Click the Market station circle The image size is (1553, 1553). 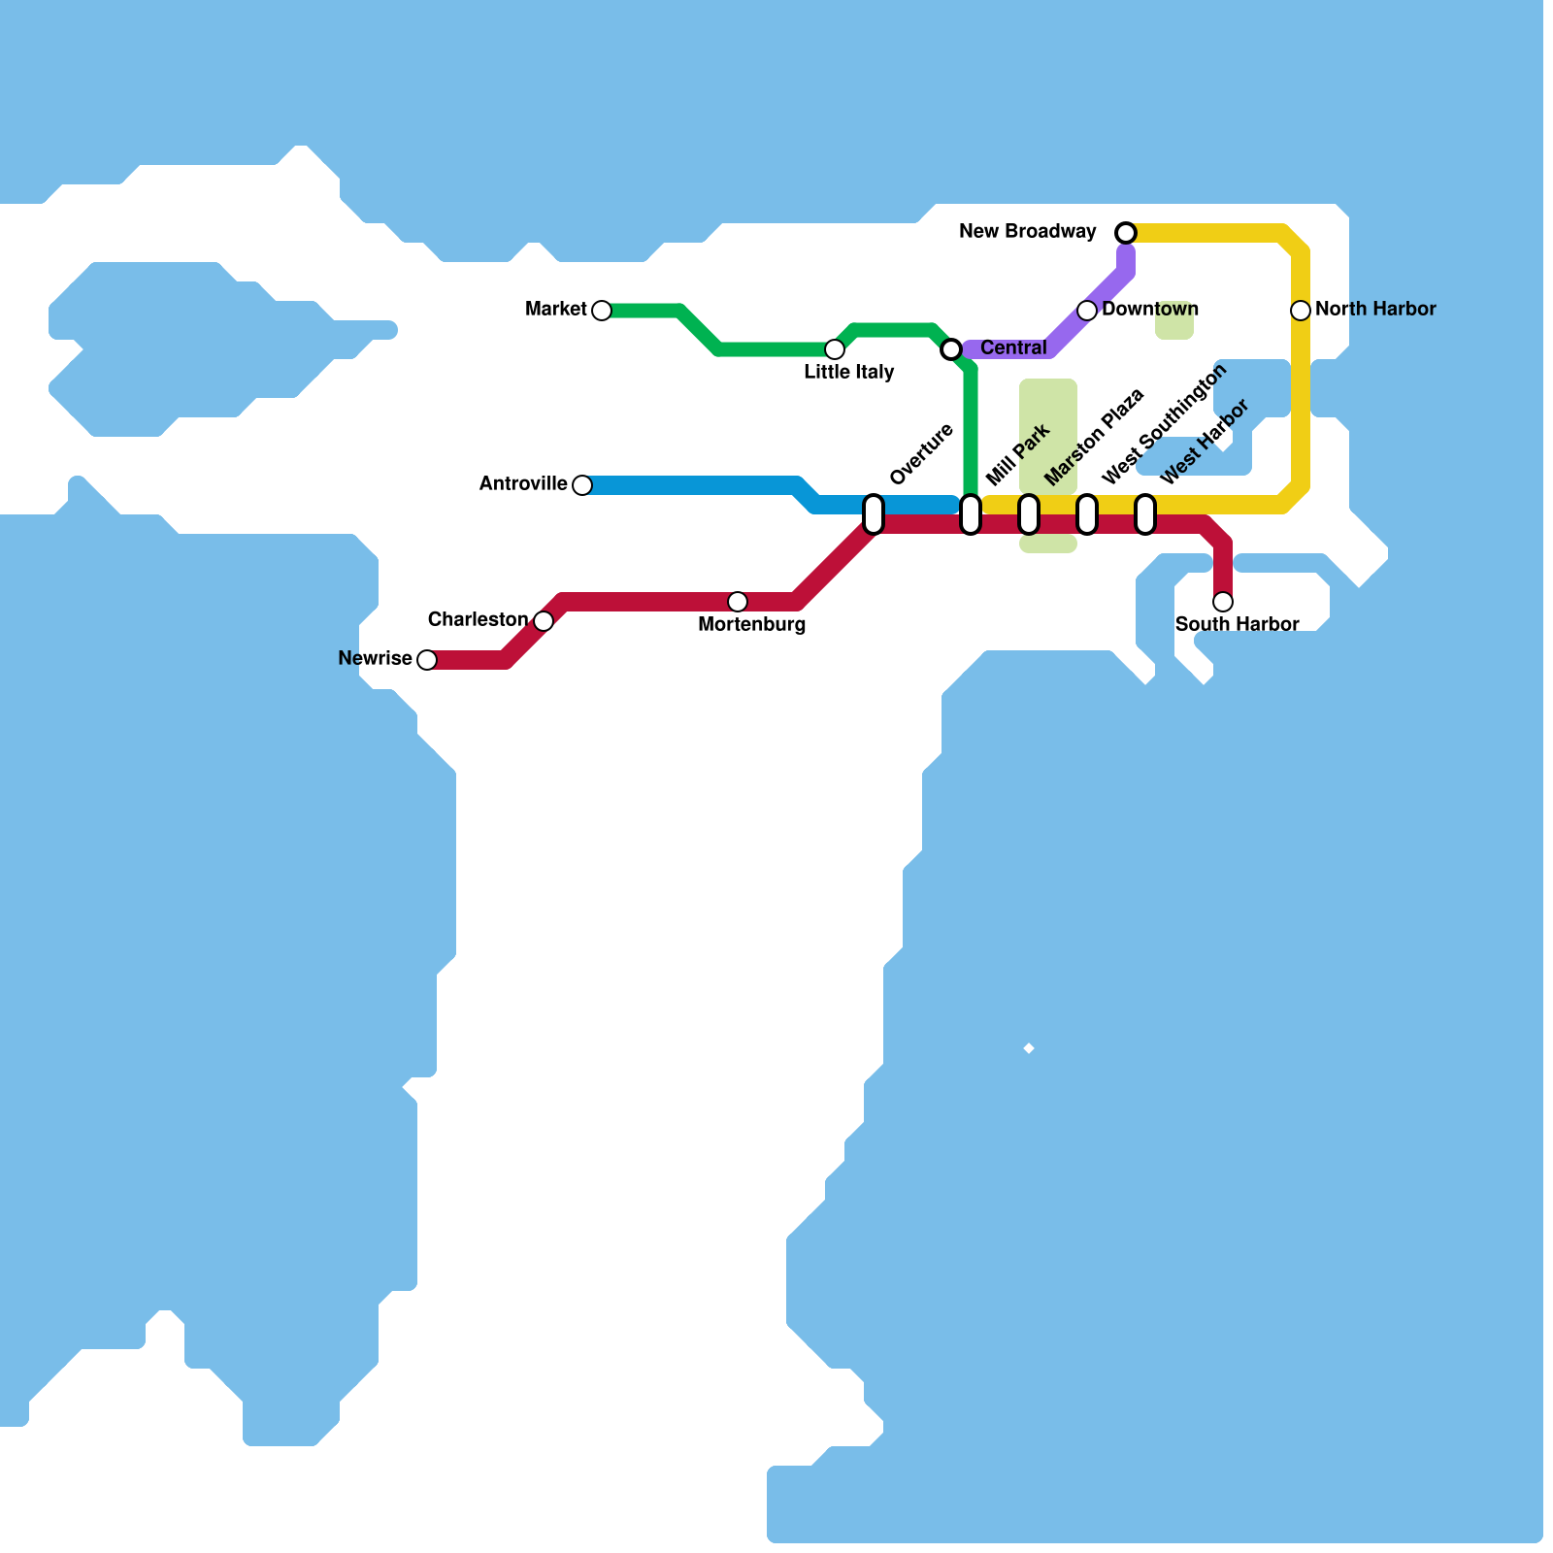point(602,311)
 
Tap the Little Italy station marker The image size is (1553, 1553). point(835,349)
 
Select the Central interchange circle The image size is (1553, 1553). point(951,349)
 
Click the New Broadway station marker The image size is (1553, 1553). point(1126,233)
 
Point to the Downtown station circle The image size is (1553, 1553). point(1087,311)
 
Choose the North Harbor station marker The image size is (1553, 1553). point(1301,311)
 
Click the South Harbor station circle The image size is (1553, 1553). point(1223,602)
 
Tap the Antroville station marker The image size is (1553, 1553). point(582,485)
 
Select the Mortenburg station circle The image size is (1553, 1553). point(738,602)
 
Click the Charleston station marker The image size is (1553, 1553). point(544,621)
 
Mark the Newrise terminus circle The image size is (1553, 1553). point(427,660)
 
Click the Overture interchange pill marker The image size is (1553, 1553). point(874,514)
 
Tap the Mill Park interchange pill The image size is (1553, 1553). point(971,514)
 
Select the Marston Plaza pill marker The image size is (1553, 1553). point(1029,514)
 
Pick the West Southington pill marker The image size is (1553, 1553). point(1087,514)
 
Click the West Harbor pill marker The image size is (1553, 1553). point(1145,514)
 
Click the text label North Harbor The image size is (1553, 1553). point(1374,310)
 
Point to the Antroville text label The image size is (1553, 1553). point(523,484)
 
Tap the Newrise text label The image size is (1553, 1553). point(375,659)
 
